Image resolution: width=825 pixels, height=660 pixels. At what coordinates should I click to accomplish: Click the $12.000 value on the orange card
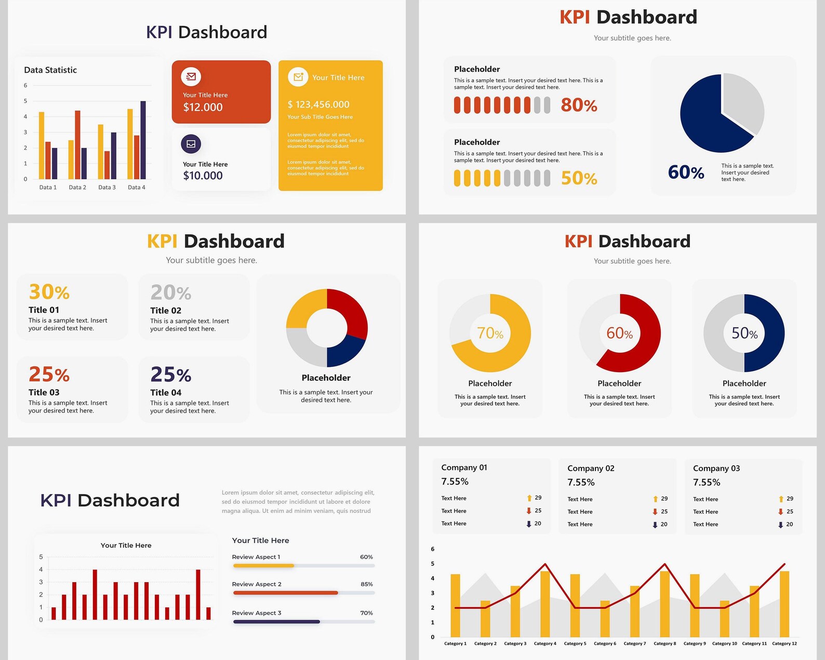203,107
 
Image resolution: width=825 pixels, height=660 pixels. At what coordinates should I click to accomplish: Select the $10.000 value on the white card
203,176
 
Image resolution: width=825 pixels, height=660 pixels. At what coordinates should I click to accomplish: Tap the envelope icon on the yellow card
298,77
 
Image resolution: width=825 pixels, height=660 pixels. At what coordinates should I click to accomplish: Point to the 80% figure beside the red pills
579,105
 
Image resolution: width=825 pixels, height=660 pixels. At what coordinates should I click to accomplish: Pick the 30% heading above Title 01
49,292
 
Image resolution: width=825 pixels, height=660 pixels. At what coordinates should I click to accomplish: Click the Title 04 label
166,392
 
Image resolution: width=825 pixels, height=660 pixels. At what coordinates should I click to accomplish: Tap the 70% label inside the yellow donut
490,333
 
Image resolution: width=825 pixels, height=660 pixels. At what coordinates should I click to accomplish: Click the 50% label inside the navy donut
744,333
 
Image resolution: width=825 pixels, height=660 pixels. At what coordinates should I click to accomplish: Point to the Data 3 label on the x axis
107,187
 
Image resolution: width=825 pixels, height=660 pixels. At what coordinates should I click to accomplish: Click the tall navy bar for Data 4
143,140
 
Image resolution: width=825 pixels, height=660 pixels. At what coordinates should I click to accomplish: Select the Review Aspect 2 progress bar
303,592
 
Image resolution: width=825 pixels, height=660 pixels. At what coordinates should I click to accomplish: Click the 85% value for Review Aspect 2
367,584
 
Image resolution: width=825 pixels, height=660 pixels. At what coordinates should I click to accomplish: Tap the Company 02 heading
591,468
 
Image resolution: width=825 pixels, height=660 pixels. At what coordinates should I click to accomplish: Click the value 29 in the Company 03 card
790,498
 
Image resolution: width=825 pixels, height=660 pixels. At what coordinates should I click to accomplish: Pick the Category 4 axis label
545,643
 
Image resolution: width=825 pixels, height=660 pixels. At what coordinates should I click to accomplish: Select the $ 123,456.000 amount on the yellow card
318,104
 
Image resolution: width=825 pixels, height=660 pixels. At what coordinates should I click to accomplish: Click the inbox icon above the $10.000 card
191,144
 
